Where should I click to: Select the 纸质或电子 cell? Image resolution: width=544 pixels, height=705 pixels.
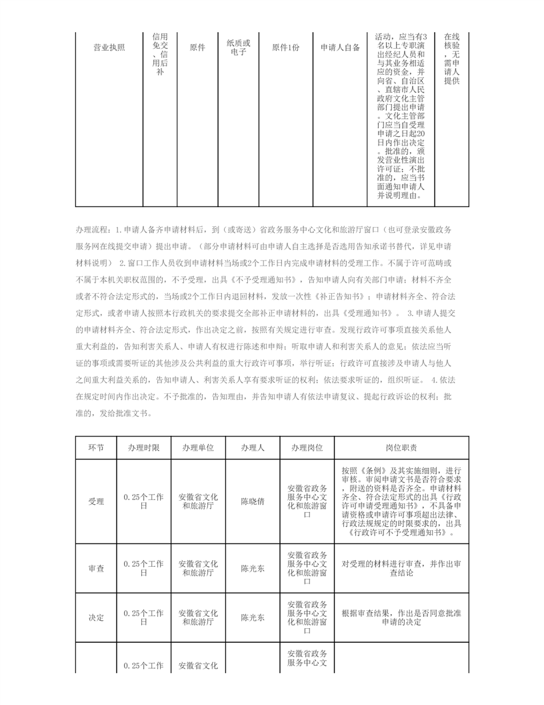[239, 47]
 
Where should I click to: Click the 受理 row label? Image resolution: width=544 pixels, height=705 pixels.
[96, 501]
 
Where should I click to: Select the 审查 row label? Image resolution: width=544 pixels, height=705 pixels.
[96, 568]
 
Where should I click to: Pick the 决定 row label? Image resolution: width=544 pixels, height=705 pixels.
[96, 618]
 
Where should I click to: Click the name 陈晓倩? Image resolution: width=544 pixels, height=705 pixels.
[253, 501]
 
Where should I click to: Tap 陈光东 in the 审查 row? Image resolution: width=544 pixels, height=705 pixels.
[253, 568]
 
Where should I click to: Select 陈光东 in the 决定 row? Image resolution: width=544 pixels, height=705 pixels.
[253, 618]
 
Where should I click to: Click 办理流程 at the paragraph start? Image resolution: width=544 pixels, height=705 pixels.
[93, 229]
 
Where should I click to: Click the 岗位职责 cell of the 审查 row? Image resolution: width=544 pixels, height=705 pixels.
[401, 568]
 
